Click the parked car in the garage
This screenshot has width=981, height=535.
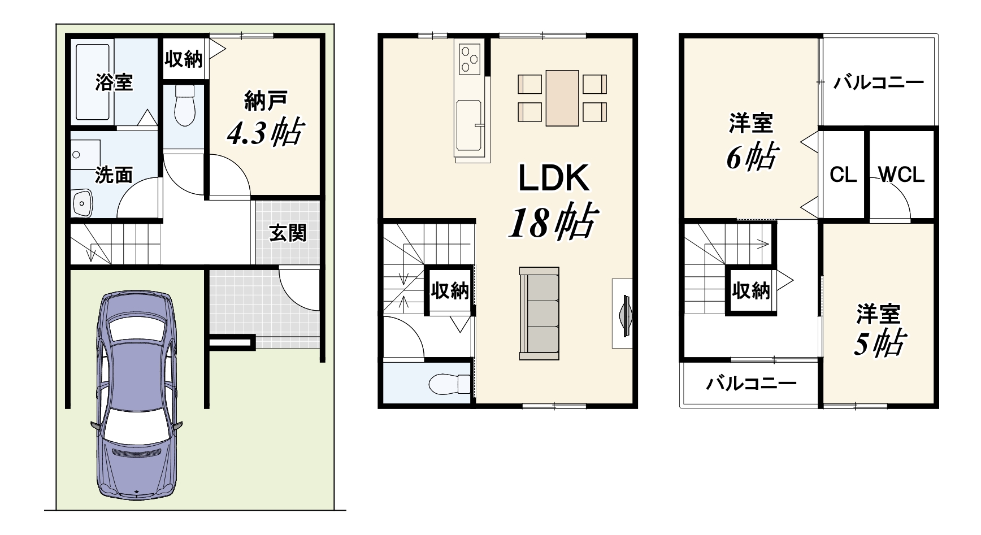[136, 395]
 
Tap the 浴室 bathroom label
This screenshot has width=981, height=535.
[114, 82]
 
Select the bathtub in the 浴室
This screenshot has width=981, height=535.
[93, 82]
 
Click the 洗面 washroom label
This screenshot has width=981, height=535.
[114, 175]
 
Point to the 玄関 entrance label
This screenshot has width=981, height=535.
[288, 232]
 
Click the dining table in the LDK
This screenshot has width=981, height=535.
[562, 97]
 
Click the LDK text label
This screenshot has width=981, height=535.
[554, 178]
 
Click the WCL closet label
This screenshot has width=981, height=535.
[902, 175]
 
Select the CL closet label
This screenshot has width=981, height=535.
[843, 175]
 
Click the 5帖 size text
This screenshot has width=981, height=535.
[879, 343]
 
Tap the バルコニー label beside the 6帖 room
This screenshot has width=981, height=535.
[879, 83]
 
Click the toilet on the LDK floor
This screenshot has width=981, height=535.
[449, 384]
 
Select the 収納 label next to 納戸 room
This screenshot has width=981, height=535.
[184, 58]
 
